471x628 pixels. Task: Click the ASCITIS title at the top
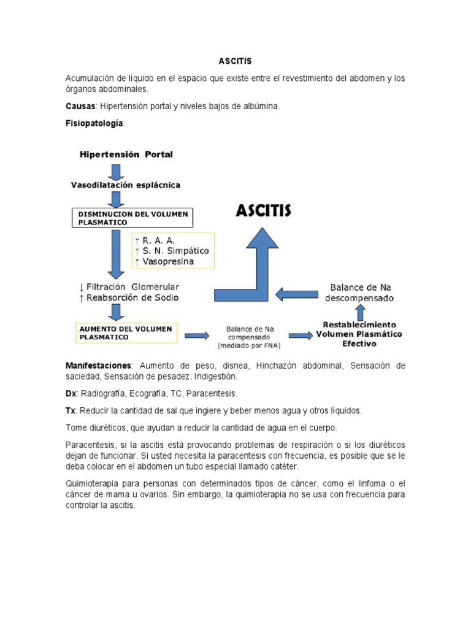(235, 61)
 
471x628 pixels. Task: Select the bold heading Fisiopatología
(94, 123)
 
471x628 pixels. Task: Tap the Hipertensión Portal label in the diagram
(126, 155)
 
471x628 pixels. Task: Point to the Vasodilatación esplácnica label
(126, 184)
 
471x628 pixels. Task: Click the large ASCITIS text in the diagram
(264, 212)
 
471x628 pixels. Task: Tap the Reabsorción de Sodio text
(129, 297)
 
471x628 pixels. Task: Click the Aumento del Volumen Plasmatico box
(126, 332)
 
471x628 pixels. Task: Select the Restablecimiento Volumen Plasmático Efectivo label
(359, 334)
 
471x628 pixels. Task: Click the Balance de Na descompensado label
(362, 293)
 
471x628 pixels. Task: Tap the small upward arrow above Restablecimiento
(360, 312)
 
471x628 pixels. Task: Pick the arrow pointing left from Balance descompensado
(296, 294)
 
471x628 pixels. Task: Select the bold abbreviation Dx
(71, 393)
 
